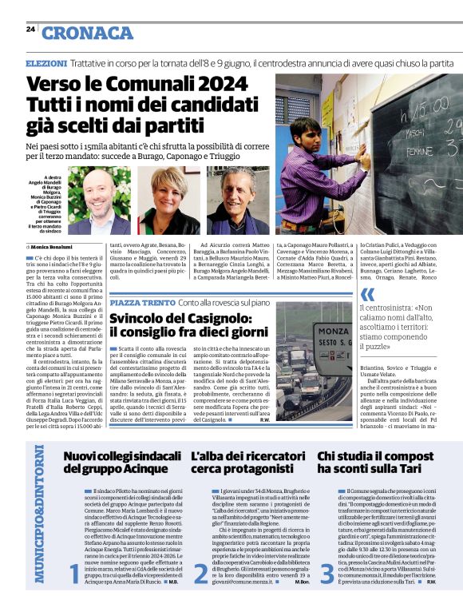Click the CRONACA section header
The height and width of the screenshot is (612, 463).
[88, 33]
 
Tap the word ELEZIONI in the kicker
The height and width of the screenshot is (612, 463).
[46, 62]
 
